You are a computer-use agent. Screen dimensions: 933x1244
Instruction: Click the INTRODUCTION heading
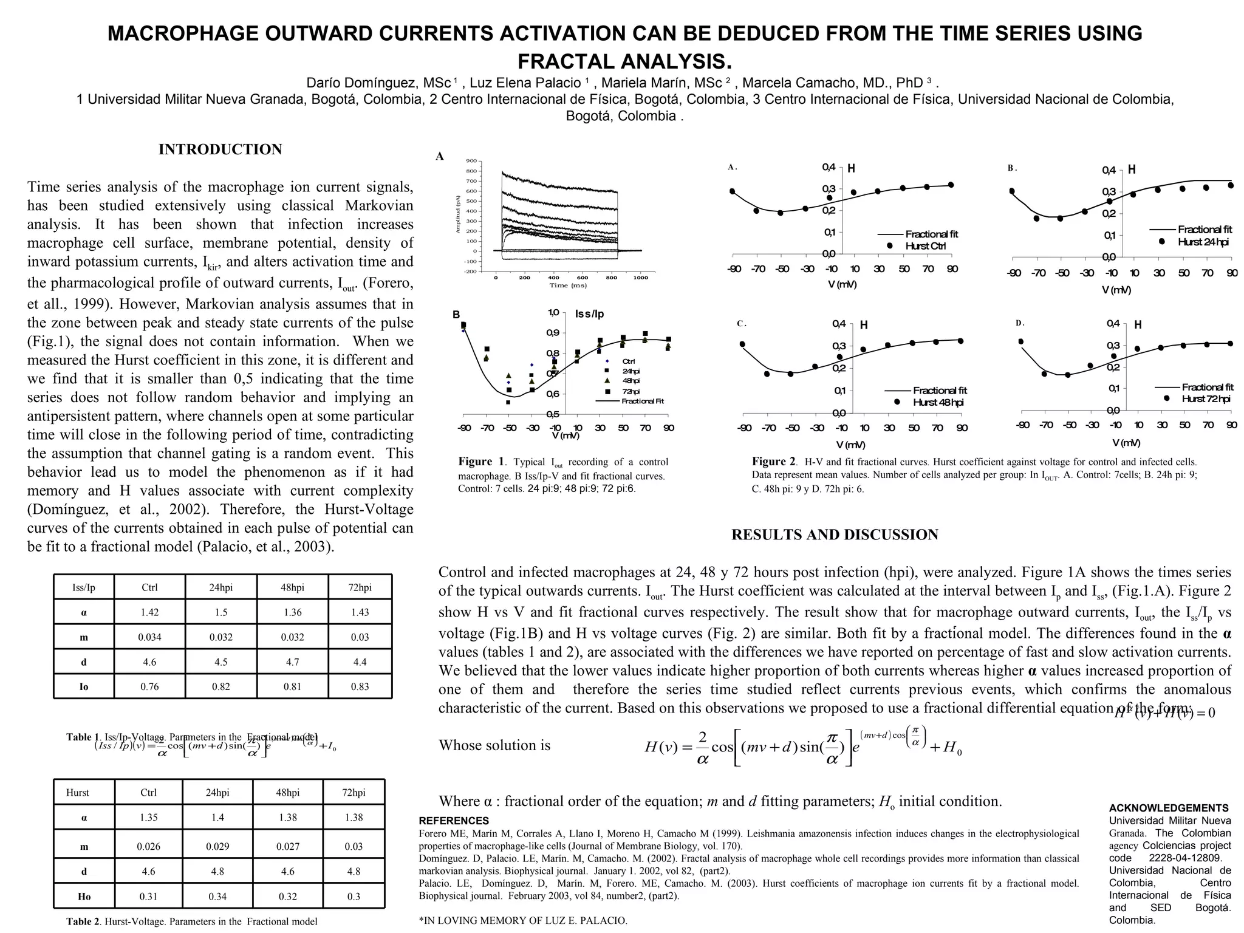(x=220, y=149)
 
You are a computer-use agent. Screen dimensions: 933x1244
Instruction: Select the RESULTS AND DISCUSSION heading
(x=834, y=535)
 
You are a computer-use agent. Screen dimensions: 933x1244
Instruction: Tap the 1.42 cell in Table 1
(x=149, y=612)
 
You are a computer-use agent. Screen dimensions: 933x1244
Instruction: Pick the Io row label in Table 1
(x=84, y=686)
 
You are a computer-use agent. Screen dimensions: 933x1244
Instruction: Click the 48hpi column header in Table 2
(x=288, y=792)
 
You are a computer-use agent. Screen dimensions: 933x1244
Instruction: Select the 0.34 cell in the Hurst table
(x=217, y=896)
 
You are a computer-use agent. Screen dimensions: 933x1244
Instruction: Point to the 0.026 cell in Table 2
(x=148, y=846)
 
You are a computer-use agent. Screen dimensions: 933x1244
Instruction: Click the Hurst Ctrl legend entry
(x=925, y=246)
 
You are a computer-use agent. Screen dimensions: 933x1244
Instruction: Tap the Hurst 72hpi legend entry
(x=1205, y=398)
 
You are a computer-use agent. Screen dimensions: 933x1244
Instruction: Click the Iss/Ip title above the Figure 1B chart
(x=589, y=314)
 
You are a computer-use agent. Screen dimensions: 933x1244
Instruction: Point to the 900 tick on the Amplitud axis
(x=471, y=161)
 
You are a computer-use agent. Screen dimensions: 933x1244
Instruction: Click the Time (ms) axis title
(x=567, y=285)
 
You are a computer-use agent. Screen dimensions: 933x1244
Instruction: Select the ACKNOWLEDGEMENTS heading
(x=1168, y=808)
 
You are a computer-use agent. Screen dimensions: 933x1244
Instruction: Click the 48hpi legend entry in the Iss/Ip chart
(x=631, y=381)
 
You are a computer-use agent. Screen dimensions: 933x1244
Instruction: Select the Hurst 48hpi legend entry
(x=937, y=402)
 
